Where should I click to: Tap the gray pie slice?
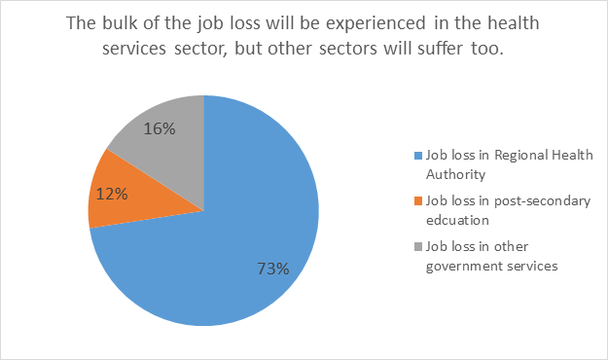click(x=165, y=136)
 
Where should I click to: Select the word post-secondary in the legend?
click(x=528, y=201)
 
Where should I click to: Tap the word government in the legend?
click(x=465, y=265)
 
